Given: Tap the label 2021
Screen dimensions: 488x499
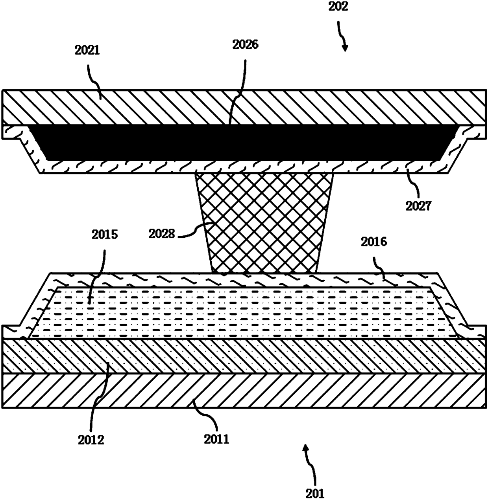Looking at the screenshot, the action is point(87,50).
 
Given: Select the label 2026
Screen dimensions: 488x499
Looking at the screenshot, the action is point(245,44).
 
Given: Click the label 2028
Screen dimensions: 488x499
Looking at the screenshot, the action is point(162,234).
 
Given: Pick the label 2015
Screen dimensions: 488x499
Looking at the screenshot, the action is point(105,235).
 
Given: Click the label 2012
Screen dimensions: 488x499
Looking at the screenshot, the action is point(91,440).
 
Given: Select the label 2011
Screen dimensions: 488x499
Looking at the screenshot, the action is point(216,438).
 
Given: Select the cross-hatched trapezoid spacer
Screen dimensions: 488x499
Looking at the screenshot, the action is point(264,224).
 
